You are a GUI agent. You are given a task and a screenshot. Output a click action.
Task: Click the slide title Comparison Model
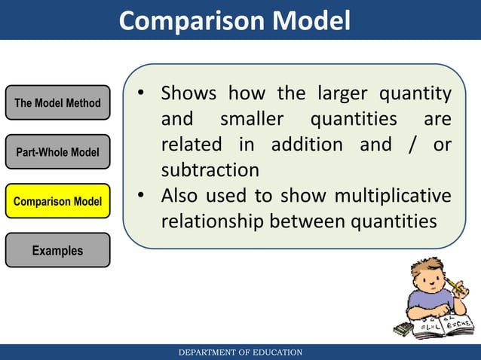pos(234,20)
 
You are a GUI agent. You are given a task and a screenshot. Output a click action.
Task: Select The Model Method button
pos(57,103)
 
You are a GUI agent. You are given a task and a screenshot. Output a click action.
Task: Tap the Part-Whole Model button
pos(57,153)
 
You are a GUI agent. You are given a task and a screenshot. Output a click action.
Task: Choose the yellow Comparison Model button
pos(57,202)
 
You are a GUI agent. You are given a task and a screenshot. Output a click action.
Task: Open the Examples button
pos(57,251)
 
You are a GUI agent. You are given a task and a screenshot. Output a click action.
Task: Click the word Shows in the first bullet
pos(188,94)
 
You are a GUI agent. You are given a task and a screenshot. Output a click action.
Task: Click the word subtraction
pos(210,169)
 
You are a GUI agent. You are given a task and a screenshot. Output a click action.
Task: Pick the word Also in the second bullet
pos(182,196)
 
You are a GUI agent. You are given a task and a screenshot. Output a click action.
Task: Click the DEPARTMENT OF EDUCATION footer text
pos(240,352)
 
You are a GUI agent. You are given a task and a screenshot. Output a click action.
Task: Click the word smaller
pos(253,119)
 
